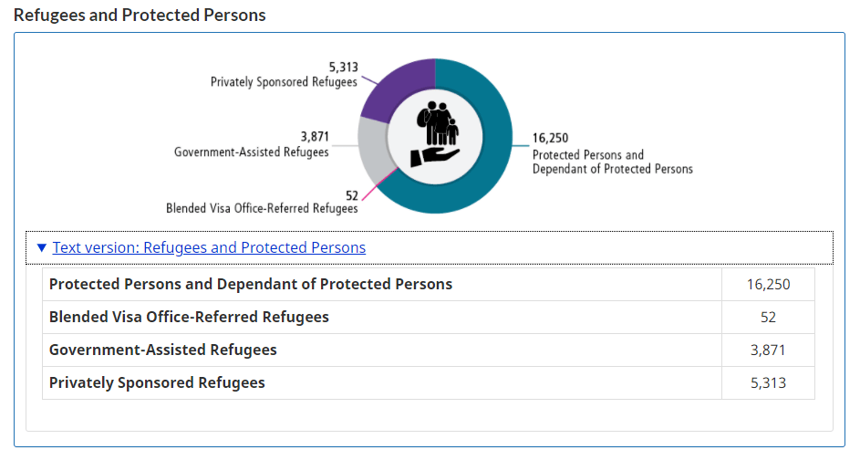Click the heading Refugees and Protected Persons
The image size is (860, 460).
tap(140, 16)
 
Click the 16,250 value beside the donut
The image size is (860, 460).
tap(550, 139)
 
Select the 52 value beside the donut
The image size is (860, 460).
tap(351, 194)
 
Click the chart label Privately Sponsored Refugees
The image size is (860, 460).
tap(284, 82)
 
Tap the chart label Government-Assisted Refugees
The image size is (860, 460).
tap(251, 152)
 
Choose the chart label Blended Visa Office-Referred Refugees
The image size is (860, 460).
tap(262, 208)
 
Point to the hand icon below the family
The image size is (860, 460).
tap(430, 155)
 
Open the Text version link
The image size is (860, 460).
tap(209, 247)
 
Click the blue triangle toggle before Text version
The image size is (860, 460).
tap(42, 247)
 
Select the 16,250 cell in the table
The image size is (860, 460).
tap(768, 284)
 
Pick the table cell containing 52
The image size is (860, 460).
tap(768, 317)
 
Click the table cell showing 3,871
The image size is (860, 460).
tap(768, 350)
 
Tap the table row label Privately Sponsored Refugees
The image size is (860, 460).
tap(157, 382)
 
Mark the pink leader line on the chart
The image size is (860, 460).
tap(378, 184)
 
